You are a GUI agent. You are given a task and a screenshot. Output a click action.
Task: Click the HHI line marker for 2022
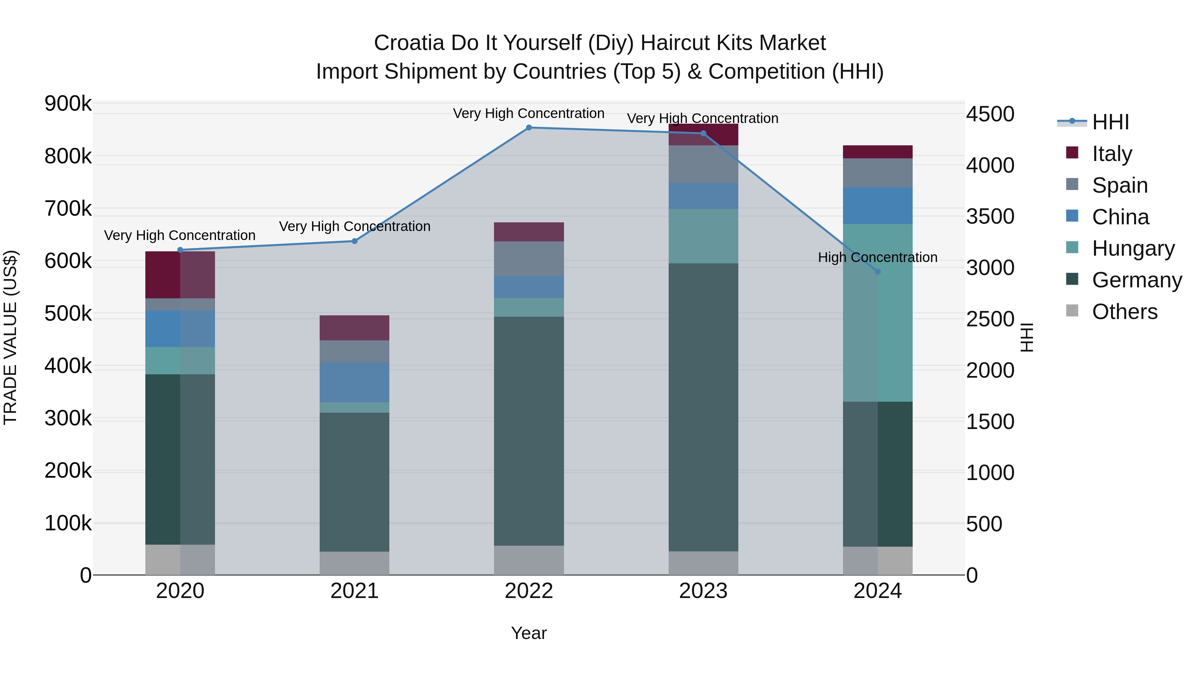[529, 128]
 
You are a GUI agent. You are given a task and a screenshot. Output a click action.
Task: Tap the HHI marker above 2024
[878, 272]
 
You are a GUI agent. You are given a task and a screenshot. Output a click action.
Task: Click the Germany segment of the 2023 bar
[703, 408]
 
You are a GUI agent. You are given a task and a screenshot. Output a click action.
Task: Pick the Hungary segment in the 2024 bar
[878, 313]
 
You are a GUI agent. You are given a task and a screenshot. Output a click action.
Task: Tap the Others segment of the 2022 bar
[529, 560]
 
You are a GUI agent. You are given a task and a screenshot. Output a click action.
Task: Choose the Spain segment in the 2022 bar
[529, 259]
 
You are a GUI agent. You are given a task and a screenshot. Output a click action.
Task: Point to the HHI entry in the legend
[1110, 122]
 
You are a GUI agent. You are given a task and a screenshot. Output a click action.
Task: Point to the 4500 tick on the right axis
[990, 114]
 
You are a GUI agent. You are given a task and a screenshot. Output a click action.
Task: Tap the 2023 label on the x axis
[703, 591]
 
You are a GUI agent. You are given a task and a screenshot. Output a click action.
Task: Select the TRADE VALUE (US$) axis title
[10, 337]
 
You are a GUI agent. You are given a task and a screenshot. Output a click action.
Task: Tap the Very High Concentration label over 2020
[180, 235]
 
